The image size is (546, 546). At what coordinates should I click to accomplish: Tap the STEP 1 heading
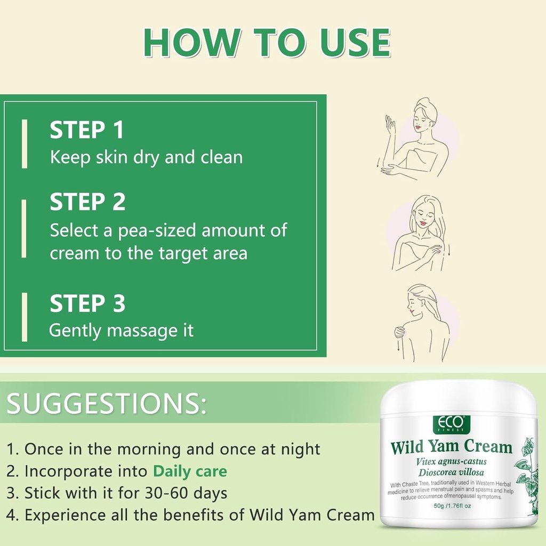pyautogui.click(x=87, y=131)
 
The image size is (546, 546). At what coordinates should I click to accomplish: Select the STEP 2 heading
pyautogui.click(x=88, y=203)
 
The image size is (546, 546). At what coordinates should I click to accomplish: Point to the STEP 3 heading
pyautogui.click(x=87, y=304)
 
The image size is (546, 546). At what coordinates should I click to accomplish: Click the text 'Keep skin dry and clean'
pyautogui.click(x=146, y=157)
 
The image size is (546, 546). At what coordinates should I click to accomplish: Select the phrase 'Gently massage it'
pyautogui.click(x=121, y=331)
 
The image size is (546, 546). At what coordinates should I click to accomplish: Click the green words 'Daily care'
pyautogui.click(x=190, y=471)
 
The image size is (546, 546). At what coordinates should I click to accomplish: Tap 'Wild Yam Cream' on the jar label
pyautogui.click(x=451, y=447)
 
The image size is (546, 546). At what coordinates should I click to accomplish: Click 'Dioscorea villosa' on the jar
pyautogui.click(x=451, y=472)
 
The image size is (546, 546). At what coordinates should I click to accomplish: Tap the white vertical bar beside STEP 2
pyautogui.click(x=24, y=229)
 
